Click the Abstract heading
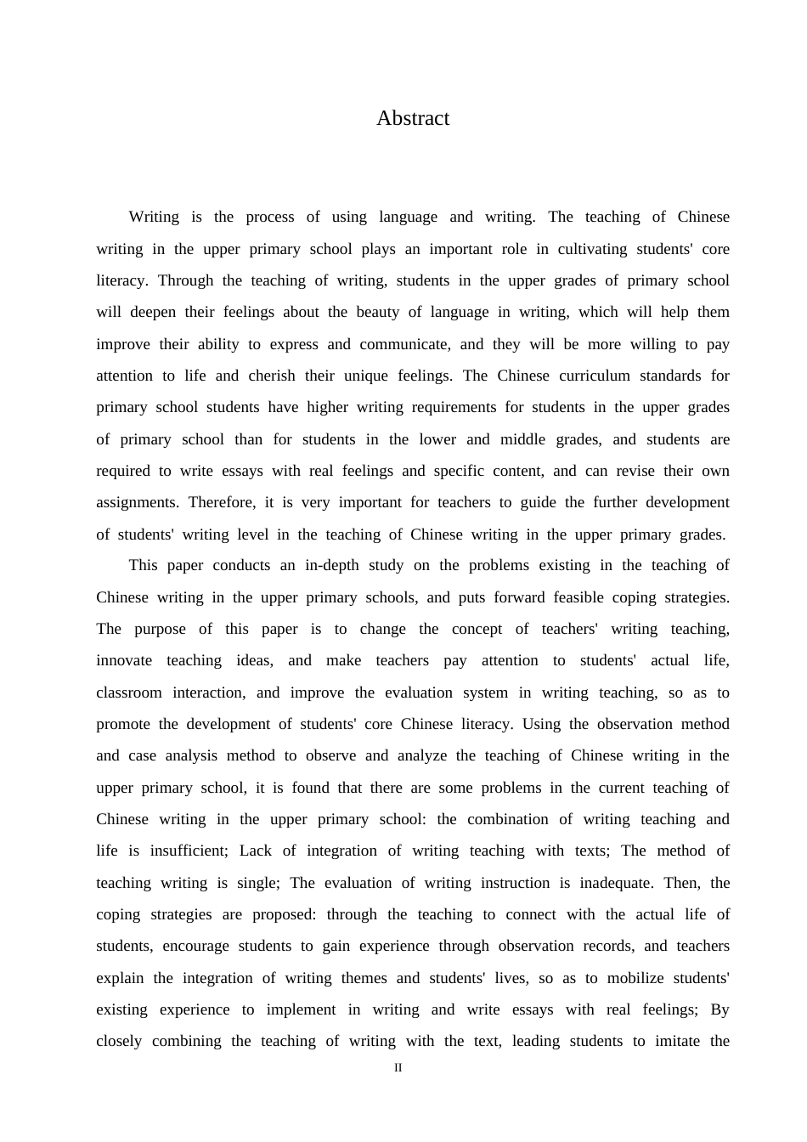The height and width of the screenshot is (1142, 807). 413,118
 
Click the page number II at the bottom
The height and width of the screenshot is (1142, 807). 398,1068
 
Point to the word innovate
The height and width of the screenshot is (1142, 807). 124,660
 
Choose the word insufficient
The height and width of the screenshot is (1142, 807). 189,851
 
